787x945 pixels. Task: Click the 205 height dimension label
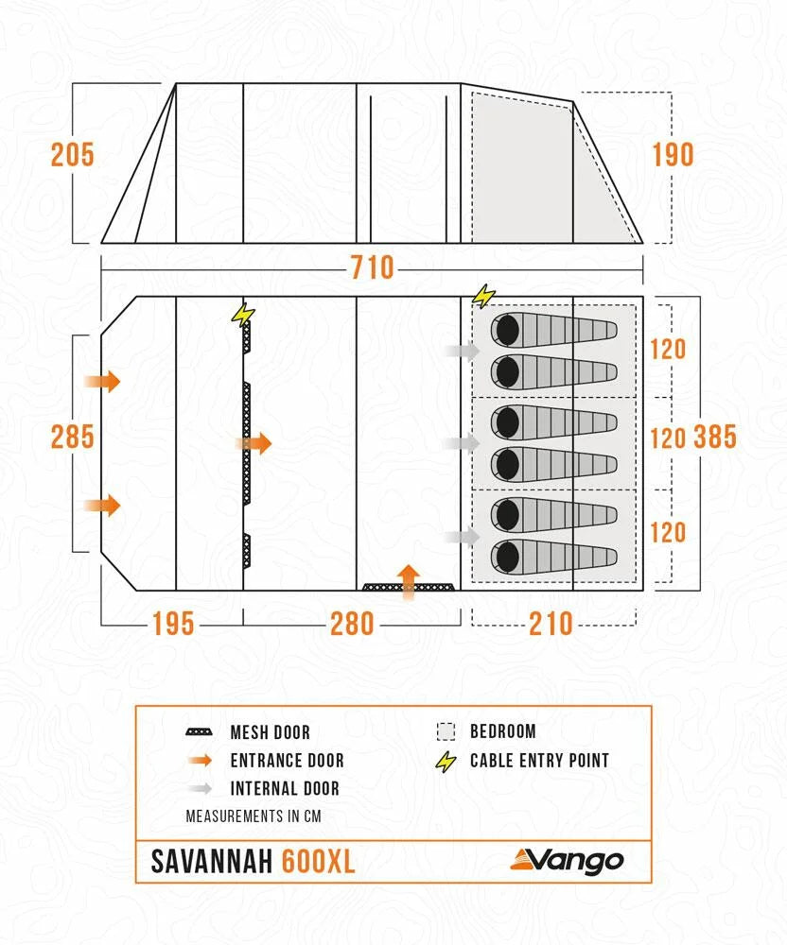[73, 154]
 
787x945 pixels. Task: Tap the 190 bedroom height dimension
[673, 154]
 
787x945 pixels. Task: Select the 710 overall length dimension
[372, 267]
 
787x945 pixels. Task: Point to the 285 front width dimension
[73, 438]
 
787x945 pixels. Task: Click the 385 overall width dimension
[715, 438]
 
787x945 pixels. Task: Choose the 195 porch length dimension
[172, 624]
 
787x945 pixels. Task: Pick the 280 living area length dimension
[351, 624]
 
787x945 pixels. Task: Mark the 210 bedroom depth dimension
[551, 624]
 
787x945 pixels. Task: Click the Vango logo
[568, 860]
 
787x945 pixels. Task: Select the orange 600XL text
[319, 862]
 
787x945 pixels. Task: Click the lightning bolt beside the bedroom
[483, 297]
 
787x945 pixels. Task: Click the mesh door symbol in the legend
[199, 732]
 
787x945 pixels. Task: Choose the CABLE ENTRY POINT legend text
[539, 761]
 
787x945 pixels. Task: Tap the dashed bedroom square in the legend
[446, 731]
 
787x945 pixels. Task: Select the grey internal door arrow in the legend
[199, 788]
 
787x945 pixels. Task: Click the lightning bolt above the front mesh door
[243, 313]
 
